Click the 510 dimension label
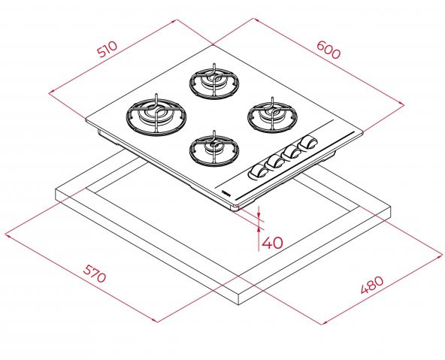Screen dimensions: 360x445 (107, 50)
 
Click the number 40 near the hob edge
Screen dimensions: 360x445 (272, 243)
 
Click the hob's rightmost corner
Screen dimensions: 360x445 (364, 135)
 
